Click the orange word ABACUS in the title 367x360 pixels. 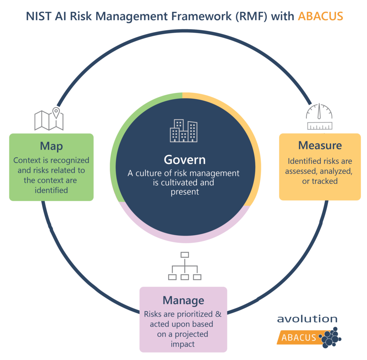click(x=320, y=16)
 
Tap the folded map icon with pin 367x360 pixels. click(x=49, y=119)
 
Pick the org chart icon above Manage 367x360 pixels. click(x=185, y=266)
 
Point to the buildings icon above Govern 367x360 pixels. click(x=183, y=131)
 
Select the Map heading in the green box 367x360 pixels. click(x=51, y=146)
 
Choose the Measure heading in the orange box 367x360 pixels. click(x=320, y=145)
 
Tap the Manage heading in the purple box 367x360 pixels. click(x=183, y=300)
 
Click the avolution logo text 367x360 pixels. click(x=307, y=319)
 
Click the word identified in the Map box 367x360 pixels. click(x=51, y=190)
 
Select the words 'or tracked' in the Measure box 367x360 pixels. click(x=320, y=181)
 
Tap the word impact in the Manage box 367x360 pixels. click(x=183, y=344)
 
